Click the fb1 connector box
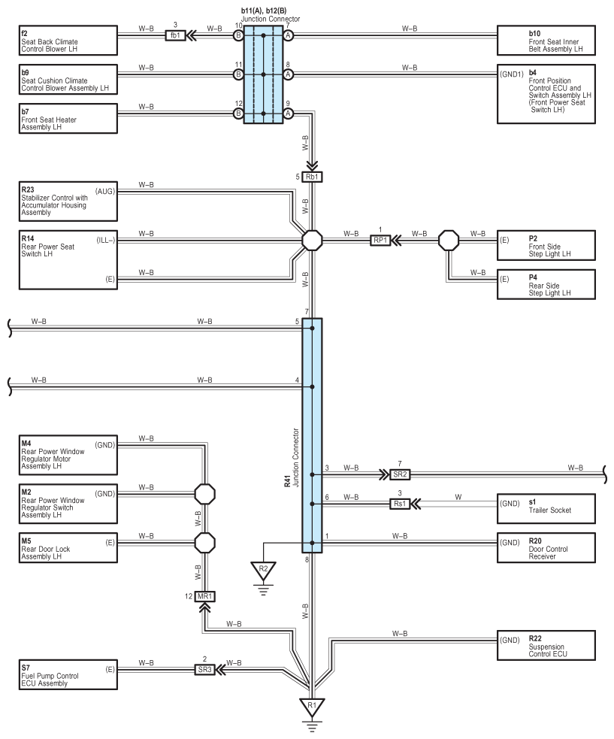pyautogui.click(x=175, y=35)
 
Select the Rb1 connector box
pyautogui.click(x=312, y=177)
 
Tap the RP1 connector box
pyautogui.click(x=380, y=241)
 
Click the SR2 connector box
pyautogui.click(x=400, y=474)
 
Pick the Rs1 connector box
pyautogui.click(x=400, y=504)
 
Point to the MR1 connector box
pyautogui.click(x=205, y=596)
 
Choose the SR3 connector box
pyautogui.click(x=204, y=669)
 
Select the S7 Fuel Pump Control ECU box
pyautogui.click(x=68, y=675)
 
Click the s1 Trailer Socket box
pyautogui.click(x=546, y=508)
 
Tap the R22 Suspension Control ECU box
pyautogui.click(x=546, y=645)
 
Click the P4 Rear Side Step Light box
pyautogui.click(x=546, y=284)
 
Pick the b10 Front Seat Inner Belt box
pyautogui.click(x=546, y=41)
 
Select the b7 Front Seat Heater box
pyautogui.click(x=68, y=118)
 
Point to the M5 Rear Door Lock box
pyautogui.click(x=68, y=547)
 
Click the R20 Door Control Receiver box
pyautogui.click(x=546, y=547)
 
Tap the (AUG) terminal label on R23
pyautogui.click(x=104, y=192)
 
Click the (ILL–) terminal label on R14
pyautogui.click(x=105, y=241)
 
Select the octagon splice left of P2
pyautogui.click(x=449, y=241)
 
